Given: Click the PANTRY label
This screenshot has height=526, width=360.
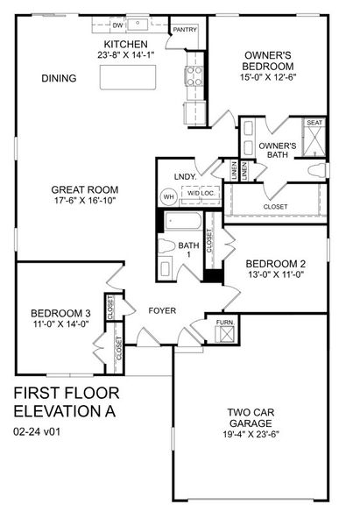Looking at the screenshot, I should [x=185, y=29].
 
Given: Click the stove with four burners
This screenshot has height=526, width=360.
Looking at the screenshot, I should [x=194, y=75].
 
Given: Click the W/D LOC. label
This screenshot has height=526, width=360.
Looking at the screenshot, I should [x=201, y=193].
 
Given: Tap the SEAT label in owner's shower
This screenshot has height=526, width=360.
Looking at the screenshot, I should [x=314, y=124].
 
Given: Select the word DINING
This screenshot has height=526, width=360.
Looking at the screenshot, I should [x=59, y=79].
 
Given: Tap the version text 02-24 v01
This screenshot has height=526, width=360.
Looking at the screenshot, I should [x=38, y=430].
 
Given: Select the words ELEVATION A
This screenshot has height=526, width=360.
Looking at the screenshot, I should [x=65, y=409].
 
